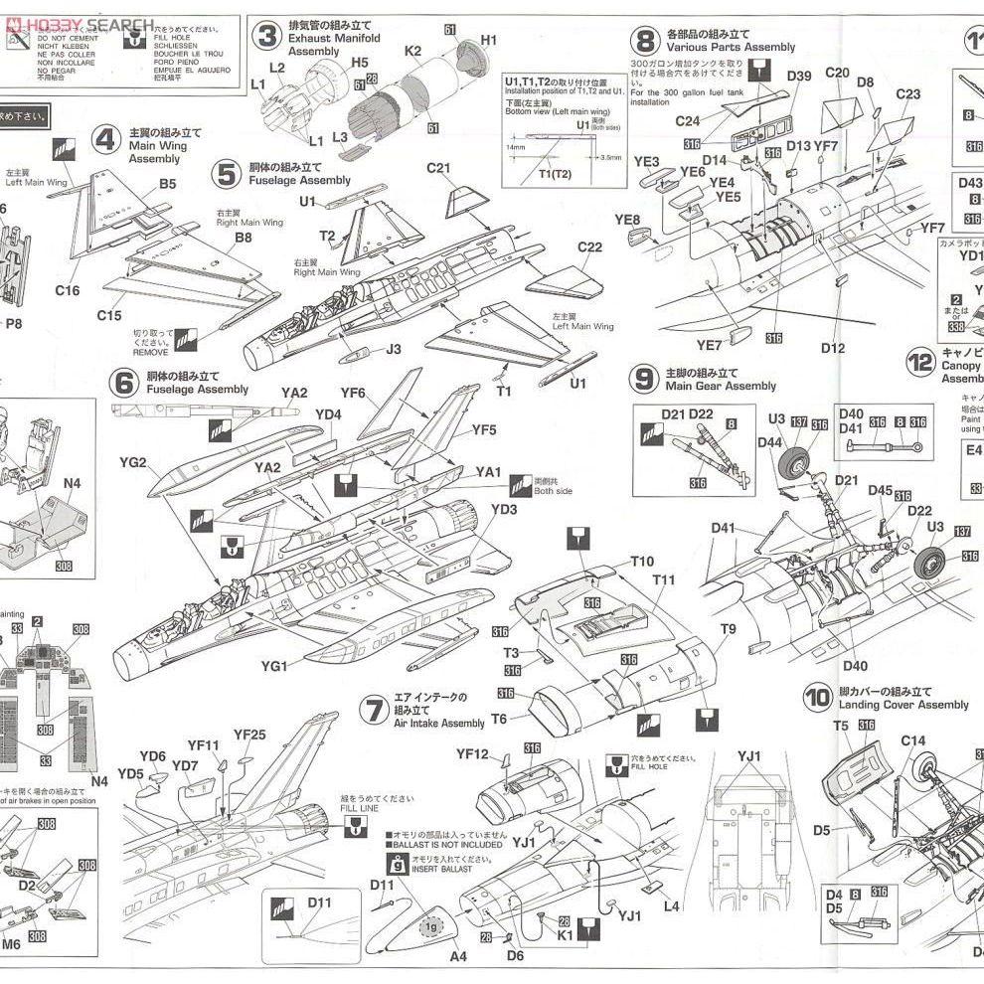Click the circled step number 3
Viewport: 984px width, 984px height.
(x=265, y=38)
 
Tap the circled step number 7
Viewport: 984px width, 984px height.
(x=373, y=710)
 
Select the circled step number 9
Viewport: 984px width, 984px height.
(x=645, y=378)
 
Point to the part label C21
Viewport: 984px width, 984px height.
(x=439, y=168)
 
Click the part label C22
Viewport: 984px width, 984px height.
(x=589, y=246)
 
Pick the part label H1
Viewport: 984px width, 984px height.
(x=488, y=40)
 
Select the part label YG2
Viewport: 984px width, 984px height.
(x=132, y=462)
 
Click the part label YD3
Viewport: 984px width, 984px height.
(x=504, y=510)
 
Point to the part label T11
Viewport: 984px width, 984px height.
(x=664, y=579)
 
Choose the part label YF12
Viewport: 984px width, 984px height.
(x=473, y=754)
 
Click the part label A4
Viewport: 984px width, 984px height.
(x=458, y=957)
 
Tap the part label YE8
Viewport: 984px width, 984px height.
(x=628, y=220)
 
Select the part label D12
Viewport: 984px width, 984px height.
(x=833, y=347)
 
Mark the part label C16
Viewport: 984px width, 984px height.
(x=68, y=290)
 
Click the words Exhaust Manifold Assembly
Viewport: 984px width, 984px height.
(x=334, y=45)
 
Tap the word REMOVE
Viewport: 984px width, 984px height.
(x=151, y=352)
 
